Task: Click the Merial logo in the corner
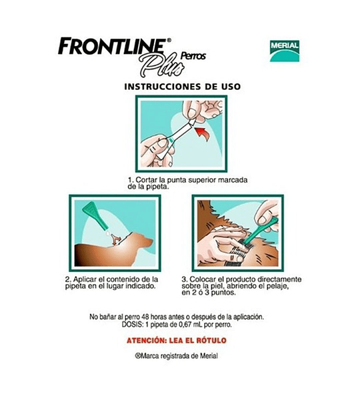click(285, 51)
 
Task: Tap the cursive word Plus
click(161, 64)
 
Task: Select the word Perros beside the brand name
click(193, 56)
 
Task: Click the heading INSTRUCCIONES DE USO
click(183, 87)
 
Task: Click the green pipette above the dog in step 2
click(95, 214)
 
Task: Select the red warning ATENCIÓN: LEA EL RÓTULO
click(177, 340)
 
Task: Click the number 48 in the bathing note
click(146, 317)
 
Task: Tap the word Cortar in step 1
click(147, 180)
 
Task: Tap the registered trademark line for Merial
click(176, 356)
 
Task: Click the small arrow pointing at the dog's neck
click(116, 240)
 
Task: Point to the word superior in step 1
click(201, 181)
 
